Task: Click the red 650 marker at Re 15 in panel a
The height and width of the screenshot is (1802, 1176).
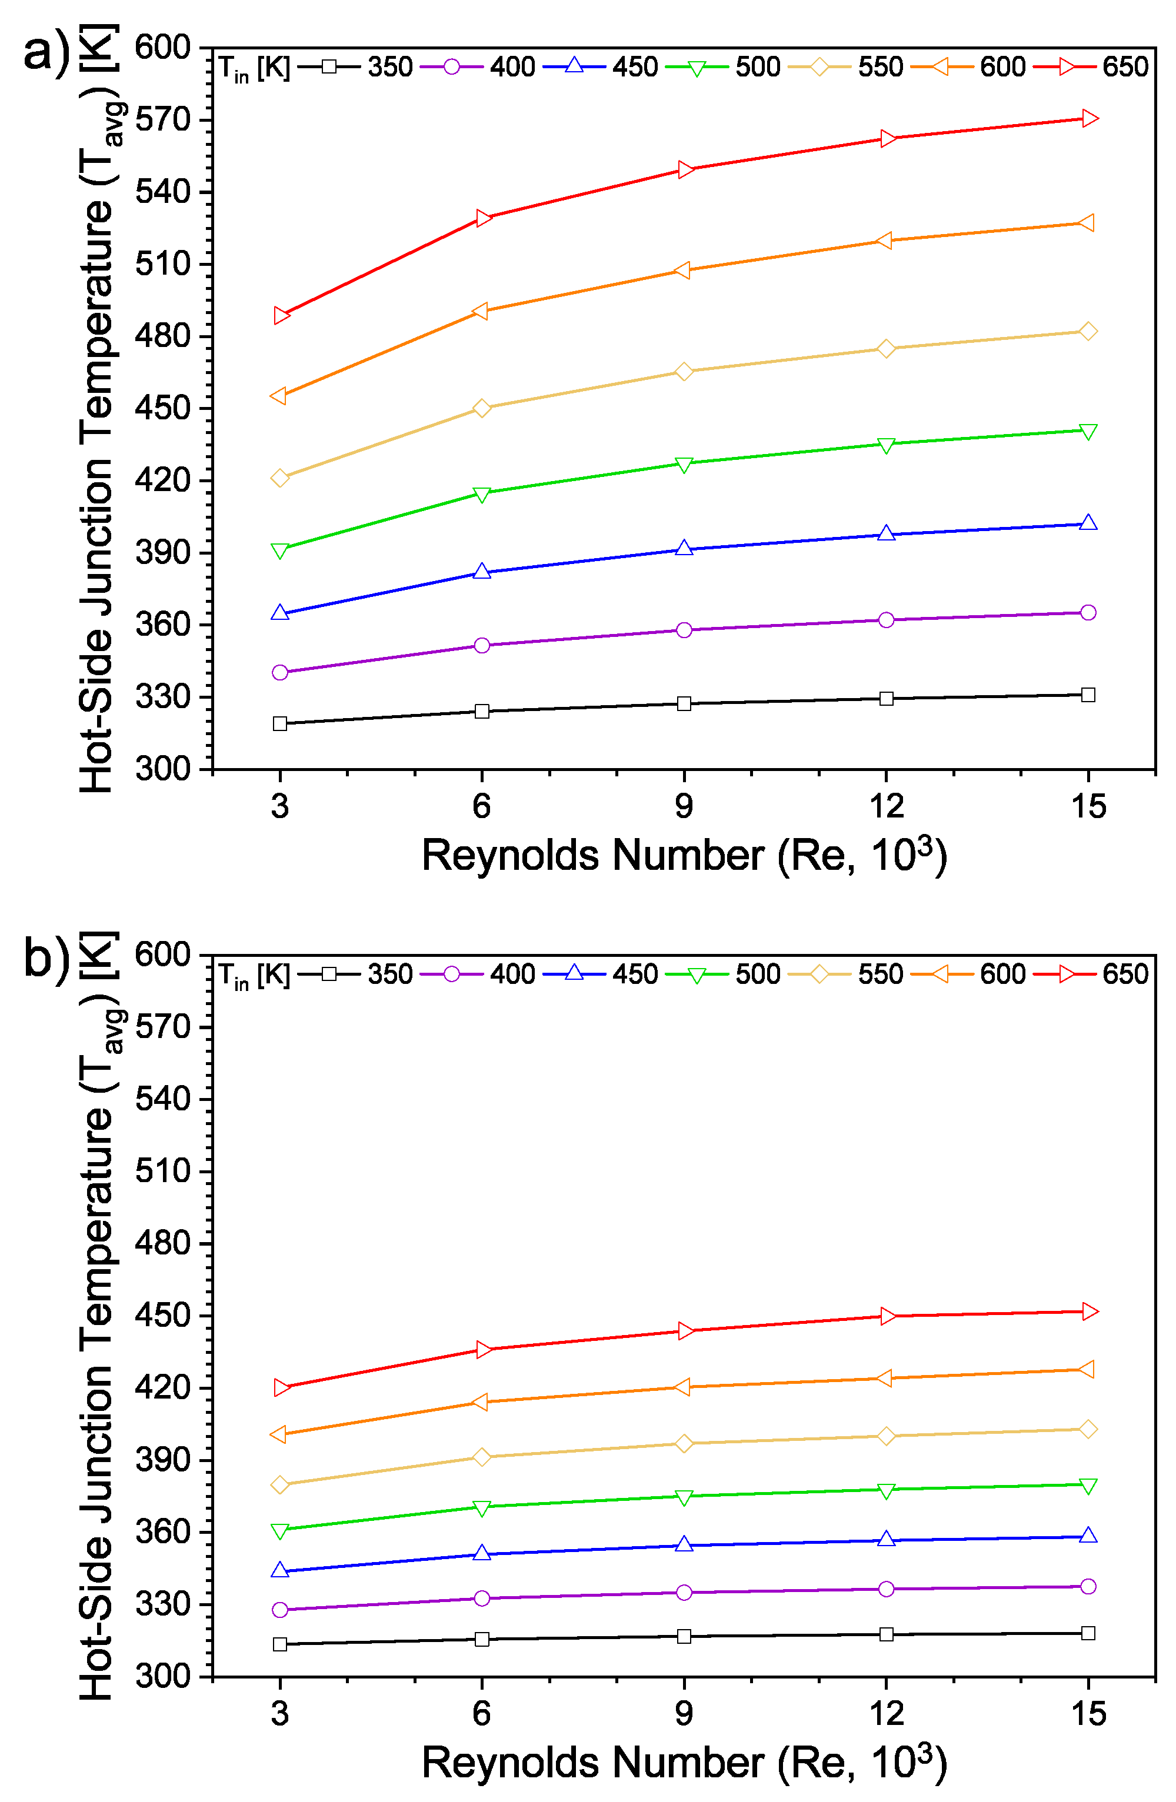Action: click(1088, 118)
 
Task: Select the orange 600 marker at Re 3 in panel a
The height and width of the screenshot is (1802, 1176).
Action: click(279, 396)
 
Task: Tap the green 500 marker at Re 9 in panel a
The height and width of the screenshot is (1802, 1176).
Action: click(684, 464)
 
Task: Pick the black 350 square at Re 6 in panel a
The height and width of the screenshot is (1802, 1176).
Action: click(482, 711)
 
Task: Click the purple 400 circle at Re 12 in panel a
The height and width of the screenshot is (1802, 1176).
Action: click(886, 620)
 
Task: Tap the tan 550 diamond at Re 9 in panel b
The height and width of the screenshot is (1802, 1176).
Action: click(684, 1444)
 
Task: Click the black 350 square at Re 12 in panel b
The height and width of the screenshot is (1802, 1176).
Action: click(886, 1634)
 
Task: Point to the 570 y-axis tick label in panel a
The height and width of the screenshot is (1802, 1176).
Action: click(162, 119)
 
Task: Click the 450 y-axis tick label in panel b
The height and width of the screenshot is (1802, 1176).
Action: click(162, 1316)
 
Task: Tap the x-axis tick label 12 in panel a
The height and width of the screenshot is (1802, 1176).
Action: click(886, 807)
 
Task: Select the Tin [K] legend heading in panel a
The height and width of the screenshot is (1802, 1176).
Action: click(254, 69)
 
